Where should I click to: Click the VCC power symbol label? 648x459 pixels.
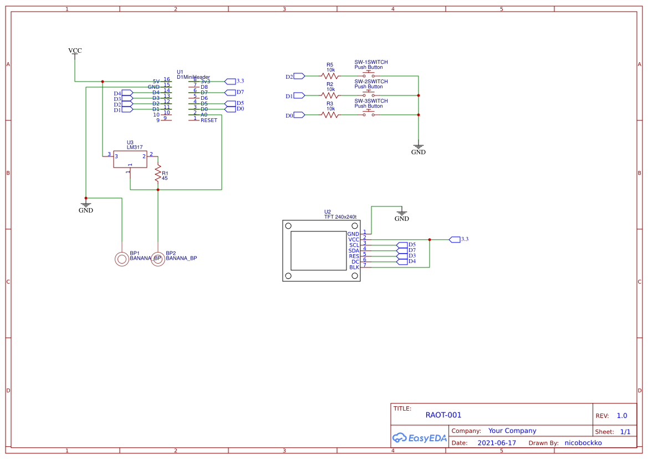point(75,51)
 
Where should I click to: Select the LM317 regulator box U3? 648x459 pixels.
point(130,159)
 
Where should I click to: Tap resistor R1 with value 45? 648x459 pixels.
point(158,173)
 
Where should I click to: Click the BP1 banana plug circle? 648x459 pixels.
point(122,259)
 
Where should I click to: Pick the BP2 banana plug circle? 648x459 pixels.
point(158,259)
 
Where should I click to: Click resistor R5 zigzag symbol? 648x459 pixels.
point(330,76)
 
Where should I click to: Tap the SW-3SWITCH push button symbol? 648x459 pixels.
point(369,114)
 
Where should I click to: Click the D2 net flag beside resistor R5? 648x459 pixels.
point(298,76)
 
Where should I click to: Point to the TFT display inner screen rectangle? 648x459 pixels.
point(318,251)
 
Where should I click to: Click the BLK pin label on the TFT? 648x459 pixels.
point(354,268)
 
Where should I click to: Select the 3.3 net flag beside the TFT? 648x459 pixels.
point(455,239)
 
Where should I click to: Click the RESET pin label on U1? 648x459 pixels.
point(209,120)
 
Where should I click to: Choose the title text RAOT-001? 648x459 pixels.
point(443,415)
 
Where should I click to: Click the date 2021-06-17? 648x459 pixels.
point(496,443)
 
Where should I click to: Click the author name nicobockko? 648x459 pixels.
point(583,443)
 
